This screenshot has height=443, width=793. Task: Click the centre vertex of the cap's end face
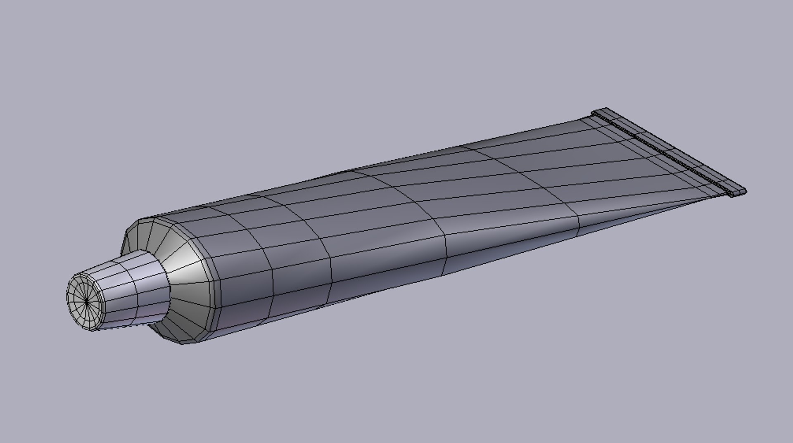click(x=86, y=301)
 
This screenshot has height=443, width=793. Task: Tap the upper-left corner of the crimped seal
click(x=595, y=112)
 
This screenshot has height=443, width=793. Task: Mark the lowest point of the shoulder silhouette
click(x=184, y=344)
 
